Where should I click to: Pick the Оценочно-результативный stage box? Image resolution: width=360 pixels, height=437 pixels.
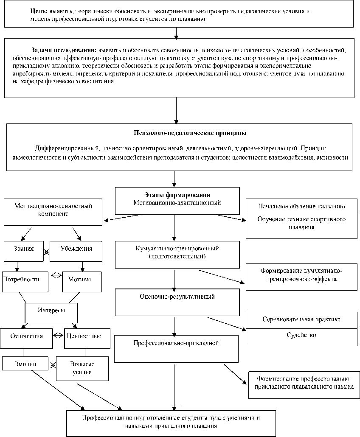tap(174, 303)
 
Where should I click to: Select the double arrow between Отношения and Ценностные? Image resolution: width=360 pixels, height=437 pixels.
tap(58, 335)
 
